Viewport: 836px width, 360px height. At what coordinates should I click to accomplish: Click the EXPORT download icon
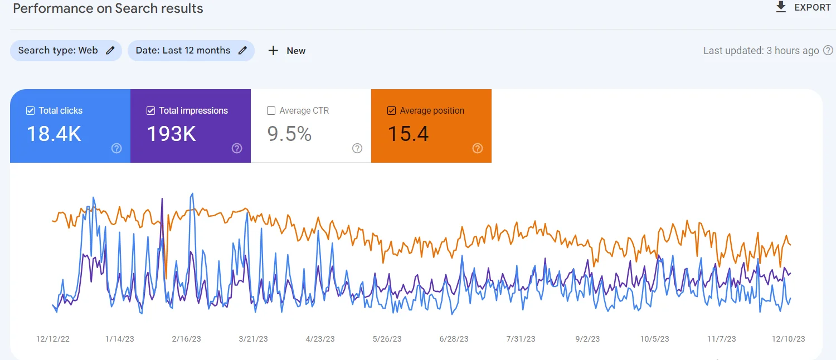coord(781,7)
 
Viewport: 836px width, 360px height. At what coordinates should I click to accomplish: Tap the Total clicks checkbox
coord(31,111)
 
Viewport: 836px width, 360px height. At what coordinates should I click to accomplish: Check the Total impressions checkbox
coord(151,111)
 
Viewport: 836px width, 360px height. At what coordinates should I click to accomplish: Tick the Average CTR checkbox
coord(271,111)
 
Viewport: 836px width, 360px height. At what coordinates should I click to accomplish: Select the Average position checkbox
coord(392,111)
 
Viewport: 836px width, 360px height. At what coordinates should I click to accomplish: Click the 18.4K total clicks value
coord(54,134)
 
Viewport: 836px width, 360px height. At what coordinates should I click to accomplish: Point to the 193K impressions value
coord(172,134)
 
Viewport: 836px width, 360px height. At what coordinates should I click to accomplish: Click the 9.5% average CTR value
coord(290,134)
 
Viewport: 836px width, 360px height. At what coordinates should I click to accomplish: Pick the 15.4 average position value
coord(409,134)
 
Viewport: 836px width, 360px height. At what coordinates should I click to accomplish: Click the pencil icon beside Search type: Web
coord(110,51)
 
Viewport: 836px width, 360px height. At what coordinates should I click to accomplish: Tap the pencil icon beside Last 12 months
coord(242,51)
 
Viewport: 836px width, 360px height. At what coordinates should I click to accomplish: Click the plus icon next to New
coord(273,51)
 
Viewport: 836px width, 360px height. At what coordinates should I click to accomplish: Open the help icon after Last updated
coord(828,51)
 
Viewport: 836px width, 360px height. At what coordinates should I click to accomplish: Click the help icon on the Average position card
coord(478,148)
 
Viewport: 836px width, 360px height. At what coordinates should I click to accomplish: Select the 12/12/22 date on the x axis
coord(53,339)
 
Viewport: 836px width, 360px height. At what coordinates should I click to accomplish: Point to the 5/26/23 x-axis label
coord(387,339)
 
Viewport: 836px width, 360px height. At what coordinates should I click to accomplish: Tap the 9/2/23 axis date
coord(587,339)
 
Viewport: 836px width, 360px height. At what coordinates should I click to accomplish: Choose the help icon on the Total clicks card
coord(116,148)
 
